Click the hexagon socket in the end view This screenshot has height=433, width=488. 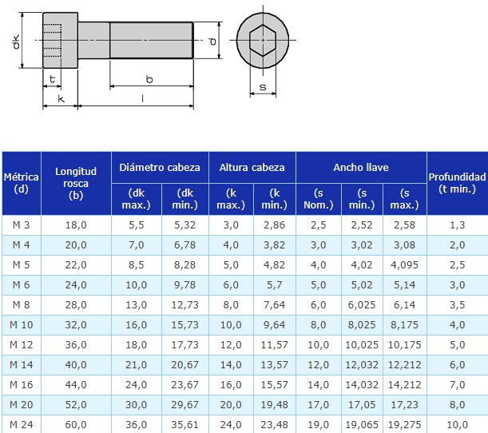(263, 40)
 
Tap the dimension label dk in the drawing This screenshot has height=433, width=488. (15, 42)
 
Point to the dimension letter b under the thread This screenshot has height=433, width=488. (149, 79)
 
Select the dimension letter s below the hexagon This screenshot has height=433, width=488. (263, 87)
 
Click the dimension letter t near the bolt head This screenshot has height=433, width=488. (52, 78)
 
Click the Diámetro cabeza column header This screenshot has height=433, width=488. (160, 168)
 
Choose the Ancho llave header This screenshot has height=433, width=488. (361, 168)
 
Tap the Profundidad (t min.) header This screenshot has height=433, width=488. (457, 183)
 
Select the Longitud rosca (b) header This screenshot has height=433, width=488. (76, 184)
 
